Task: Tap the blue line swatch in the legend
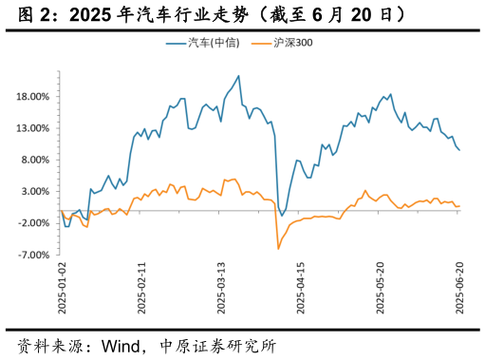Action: pos(177,43)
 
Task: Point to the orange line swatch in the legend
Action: pos(260,43)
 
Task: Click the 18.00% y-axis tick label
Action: pos(33,97)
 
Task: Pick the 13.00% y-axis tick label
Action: pos(33,128)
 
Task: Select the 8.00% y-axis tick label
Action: pos(35,160)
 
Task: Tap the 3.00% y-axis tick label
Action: pos(35,192)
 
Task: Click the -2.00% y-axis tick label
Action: pos(34,223)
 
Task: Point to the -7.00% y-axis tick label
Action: pos(34,255)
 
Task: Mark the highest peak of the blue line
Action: pos(238,76)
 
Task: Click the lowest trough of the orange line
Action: pos(278,249)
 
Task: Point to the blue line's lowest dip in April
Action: pos(282,216)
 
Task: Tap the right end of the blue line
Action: pos(460,149)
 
